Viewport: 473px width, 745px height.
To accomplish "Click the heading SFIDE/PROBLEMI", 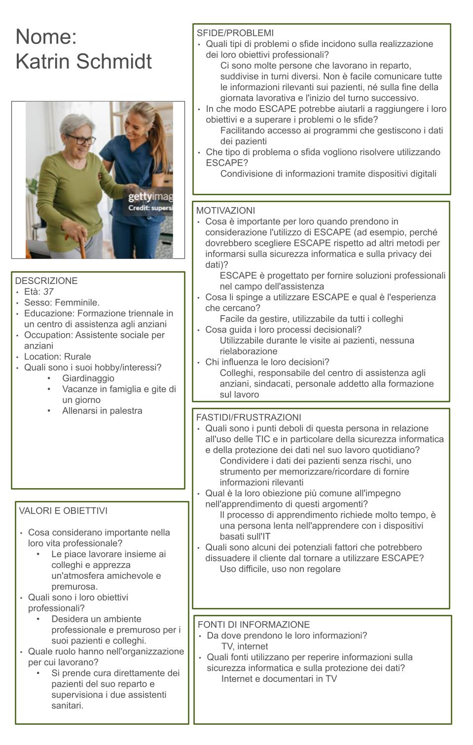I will point(235,33).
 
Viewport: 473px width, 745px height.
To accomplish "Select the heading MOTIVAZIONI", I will point(225,211).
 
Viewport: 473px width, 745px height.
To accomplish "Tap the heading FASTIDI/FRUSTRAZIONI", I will point(249,417).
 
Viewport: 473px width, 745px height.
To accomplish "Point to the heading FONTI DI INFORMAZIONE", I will point(254,624).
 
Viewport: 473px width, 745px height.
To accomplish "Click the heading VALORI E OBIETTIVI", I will point(63,511).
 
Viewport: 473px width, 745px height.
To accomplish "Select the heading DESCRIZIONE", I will point(46,281).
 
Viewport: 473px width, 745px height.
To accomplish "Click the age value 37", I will point(48,291).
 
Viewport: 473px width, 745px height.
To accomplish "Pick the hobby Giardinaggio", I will point(88,378).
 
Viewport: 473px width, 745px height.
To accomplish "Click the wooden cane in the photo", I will point(82,249).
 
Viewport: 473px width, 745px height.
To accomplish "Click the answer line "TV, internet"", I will point(245,646).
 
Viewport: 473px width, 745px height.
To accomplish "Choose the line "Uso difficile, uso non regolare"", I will point(280,569).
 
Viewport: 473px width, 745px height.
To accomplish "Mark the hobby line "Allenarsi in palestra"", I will point(102,411).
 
